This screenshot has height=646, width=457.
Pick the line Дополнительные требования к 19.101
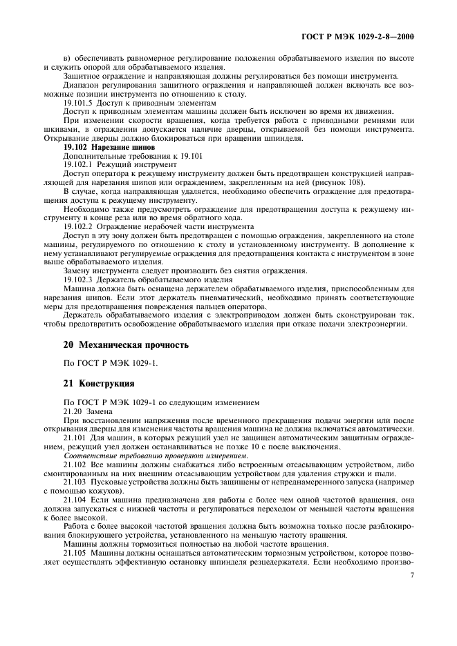(x=111, y=157)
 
